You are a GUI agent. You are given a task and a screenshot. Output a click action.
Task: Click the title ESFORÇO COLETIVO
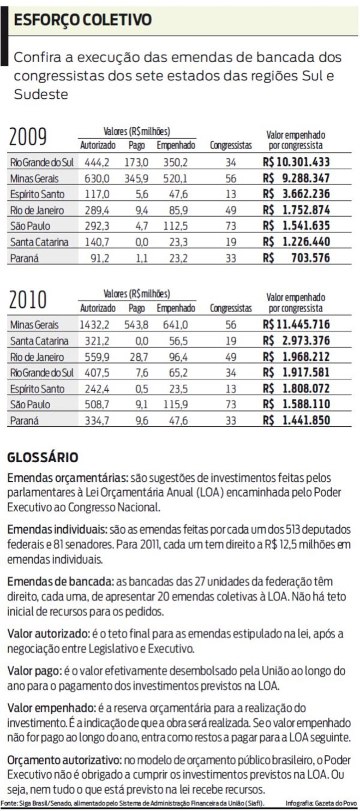83,20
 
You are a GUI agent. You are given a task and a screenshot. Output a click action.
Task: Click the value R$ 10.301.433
296,162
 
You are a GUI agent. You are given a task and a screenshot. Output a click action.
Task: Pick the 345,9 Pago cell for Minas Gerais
137,178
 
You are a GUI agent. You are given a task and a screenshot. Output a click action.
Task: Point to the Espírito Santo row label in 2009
37,194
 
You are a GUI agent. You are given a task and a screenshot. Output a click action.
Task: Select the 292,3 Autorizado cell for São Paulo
97,226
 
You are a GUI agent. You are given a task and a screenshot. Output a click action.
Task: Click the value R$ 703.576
296,258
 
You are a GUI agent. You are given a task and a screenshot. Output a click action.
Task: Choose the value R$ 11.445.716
296,325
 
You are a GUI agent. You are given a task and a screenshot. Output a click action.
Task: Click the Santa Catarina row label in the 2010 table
39,341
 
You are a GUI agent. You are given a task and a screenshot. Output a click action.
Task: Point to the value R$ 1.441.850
296,421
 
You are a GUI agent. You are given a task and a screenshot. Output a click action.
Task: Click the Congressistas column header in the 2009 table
231,146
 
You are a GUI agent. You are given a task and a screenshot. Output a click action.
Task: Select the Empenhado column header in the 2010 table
176,308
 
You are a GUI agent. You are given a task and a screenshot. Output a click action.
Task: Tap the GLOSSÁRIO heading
43,457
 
